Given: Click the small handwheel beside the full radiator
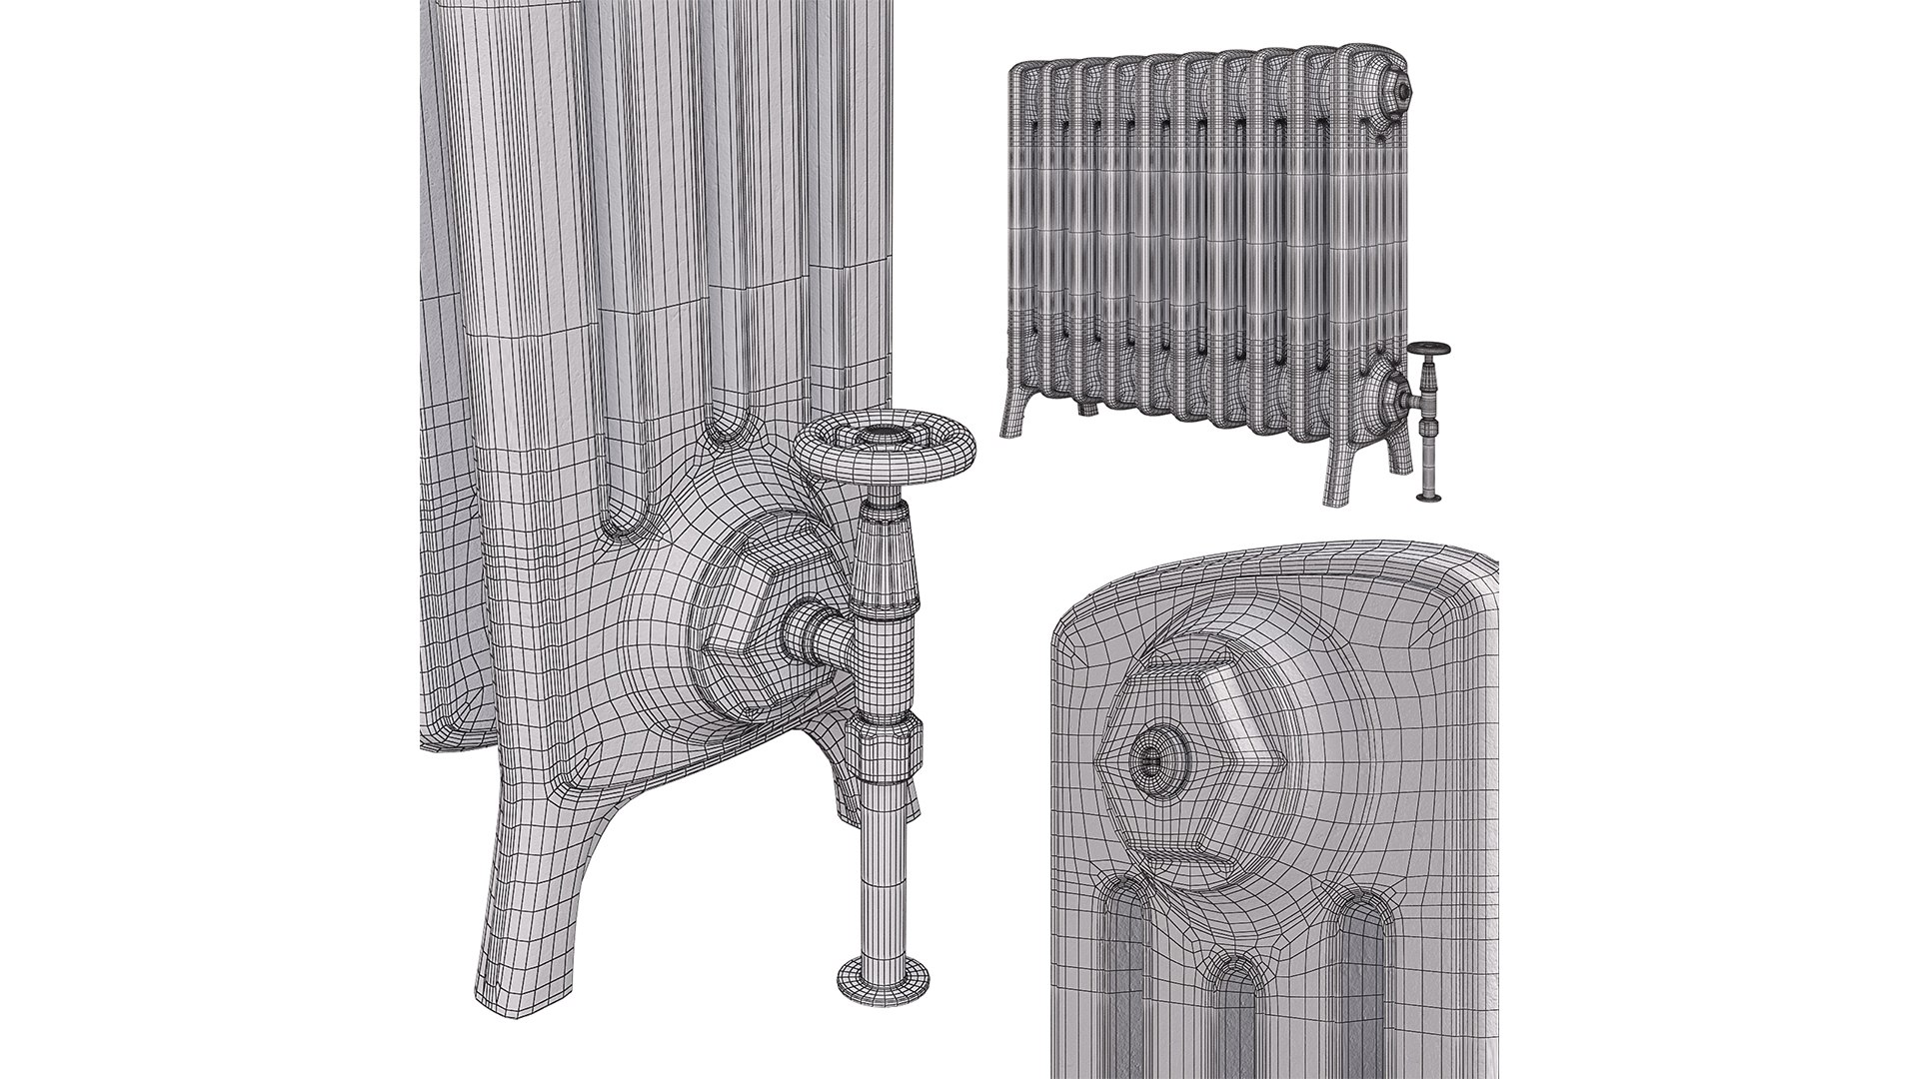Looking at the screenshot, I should pos(1428,349).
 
